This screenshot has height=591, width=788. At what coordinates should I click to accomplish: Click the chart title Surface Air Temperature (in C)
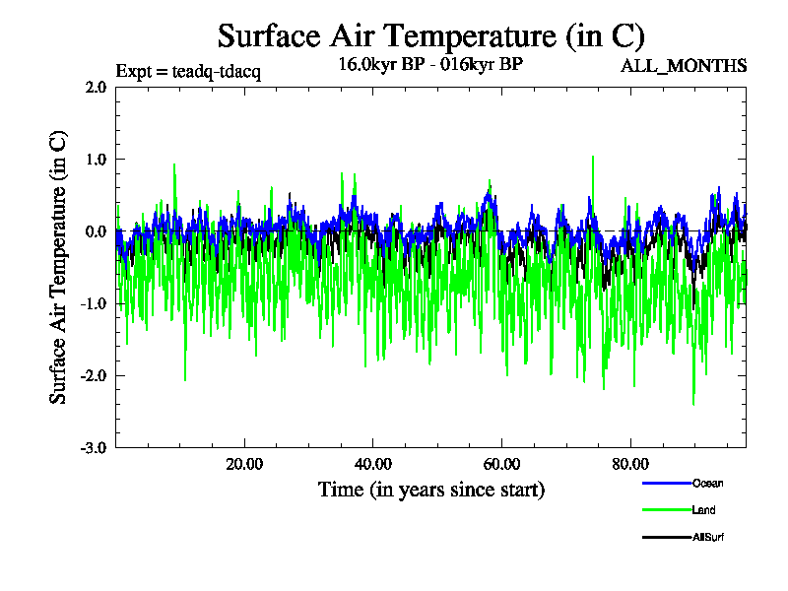[x=430, y=36]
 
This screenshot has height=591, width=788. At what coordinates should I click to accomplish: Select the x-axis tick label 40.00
[x=373, y=464]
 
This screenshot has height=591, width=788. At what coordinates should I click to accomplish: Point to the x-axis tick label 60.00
[x=502, y=464]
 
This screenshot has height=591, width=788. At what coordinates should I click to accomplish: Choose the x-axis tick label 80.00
[x=631, y=464]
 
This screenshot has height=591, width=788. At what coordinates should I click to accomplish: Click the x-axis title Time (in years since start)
[x=430, y=490]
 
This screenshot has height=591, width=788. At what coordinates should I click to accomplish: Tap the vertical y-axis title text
[x=59, y=267]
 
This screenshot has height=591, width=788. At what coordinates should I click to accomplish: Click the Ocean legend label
[x=708, y=483]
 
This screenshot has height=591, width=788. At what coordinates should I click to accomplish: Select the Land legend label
[x=704, y=510]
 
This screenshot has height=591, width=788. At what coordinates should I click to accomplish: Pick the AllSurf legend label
[x=709, y=538]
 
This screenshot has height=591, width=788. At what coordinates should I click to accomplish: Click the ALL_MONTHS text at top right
[x=683, y=66]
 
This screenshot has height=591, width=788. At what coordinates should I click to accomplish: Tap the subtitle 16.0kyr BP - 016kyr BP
[x=430, y=65]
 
